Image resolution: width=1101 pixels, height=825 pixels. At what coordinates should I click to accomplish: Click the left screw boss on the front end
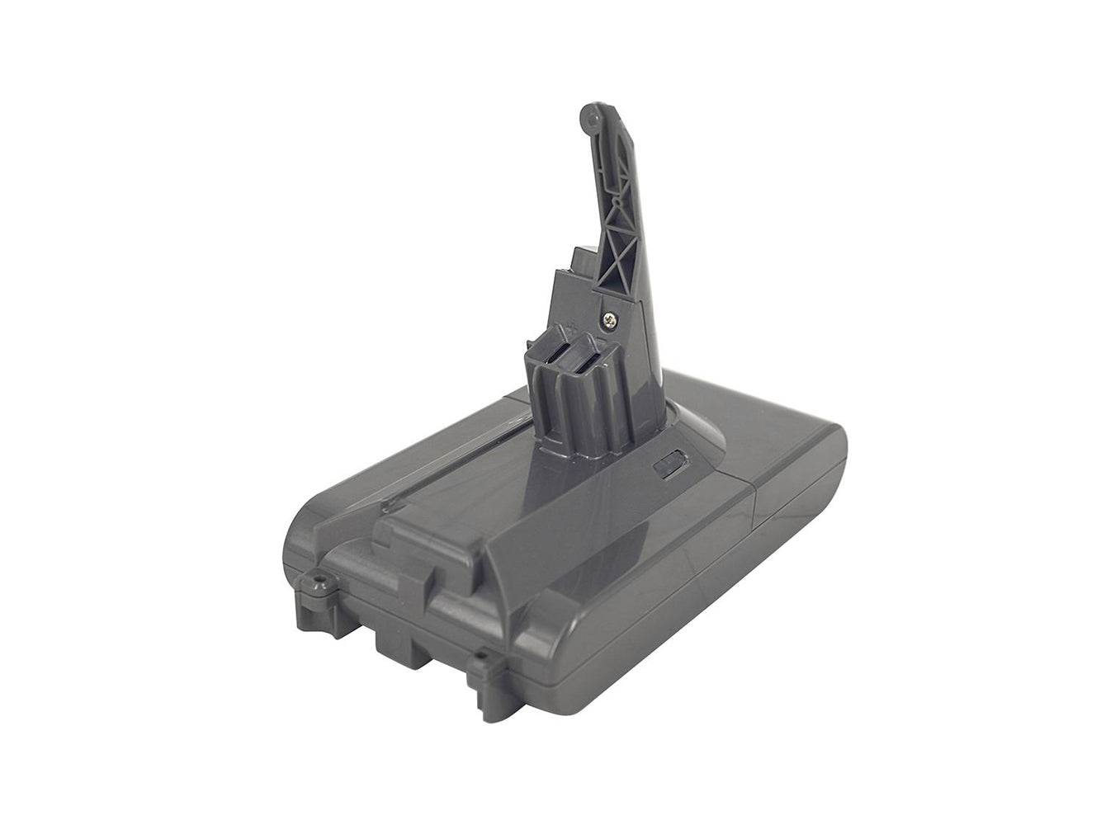314,583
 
